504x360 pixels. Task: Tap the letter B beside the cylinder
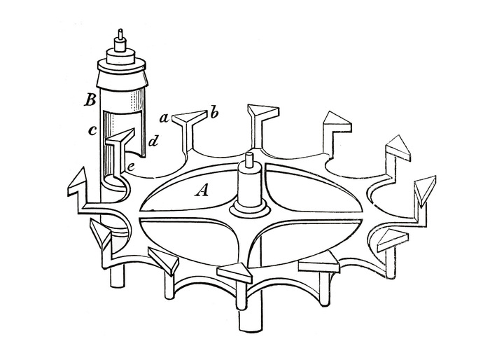(x=90, y=101)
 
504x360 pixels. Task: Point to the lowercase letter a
(x=164, y=119)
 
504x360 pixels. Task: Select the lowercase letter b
(x=214, y=114)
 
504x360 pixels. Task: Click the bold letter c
(x=92, y=130)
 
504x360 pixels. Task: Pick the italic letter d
(x=153, y=141)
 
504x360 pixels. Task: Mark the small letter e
(x=131, y=167)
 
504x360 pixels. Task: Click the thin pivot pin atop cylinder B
(x=120, y=34)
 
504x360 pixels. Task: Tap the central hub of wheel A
(x=248, y=193)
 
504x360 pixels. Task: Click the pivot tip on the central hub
(x=248, y=158)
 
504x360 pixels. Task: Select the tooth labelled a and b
(x=190, y=129)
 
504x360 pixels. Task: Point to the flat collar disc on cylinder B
(x=120, y=67)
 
